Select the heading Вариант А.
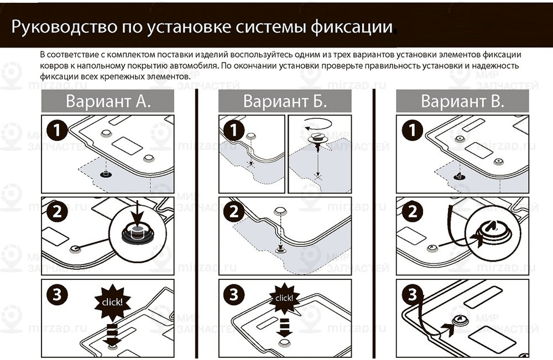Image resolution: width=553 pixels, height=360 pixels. pyautogui.click(x=108, y=101)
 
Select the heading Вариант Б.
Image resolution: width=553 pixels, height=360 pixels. pyautogui.click(x=285, y=101)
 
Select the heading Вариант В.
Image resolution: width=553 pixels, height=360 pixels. pyautogui.click(x=462, y=101)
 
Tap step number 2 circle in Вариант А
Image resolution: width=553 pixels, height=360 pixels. pyautogui.click(x=56, y=212)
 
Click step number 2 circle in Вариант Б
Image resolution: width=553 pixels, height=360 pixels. pyautogui.click(x=234, y=212)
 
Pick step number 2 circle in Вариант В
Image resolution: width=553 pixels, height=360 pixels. pyautogui.click(x=412, y=212)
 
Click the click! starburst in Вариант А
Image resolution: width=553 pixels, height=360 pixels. pyautogui.click(x=112, y=302)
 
